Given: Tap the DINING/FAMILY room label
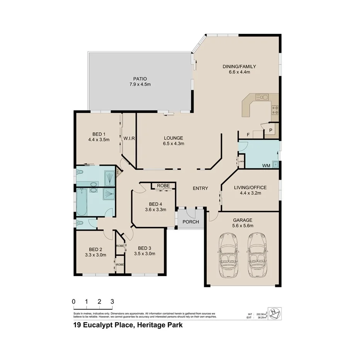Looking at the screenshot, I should point(239,66).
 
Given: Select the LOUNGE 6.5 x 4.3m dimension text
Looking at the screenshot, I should point(173,143).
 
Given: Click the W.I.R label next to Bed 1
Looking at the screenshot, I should point(129,138).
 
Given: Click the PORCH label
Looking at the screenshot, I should point(191,222).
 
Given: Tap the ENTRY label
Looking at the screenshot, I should point(200,188).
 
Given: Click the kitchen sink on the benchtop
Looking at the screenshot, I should point(262,97).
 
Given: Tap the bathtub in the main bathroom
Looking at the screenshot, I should point(82,202).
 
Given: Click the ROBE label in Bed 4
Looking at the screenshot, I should point(163,186).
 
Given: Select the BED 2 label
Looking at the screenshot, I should point(95,249).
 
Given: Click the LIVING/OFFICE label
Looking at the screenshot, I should point(250,188).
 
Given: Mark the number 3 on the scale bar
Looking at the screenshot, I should point(112,301).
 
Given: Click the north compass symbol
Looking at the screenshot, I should point(275,312).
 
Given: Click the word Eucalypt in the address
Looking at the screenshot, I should point(107,325).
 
